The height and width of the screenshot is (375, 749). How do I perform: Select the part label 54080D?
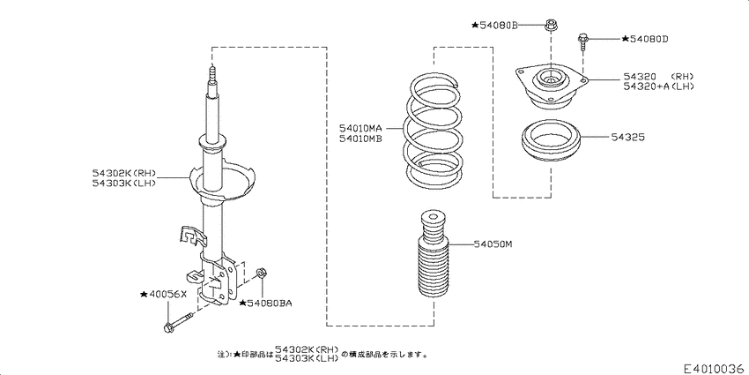(x=646, y=39)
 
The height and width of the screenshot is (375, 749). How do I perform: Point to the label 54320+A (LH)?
(x=660, y=86)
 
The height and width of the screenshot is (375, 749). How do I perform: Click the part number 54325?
(x=631, y=137)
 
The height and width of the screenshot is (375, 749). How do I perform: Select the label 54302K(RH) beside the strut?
(x=124, y=174)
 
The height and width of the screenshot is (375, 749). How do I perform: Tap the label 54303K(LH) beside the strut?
(x=124, y=184)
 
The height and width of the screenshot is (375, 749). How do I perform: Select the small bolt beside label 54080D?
(x=584, y=41)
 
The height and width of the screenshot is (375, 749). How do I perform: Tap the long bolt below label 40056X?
(x=178, y=321)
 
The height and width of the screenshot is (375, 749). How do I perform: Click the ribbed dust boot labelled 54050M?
(x=432, y=265)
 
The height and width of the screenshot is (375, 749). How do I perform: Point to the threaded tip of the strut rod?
(x=211, y=74)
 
